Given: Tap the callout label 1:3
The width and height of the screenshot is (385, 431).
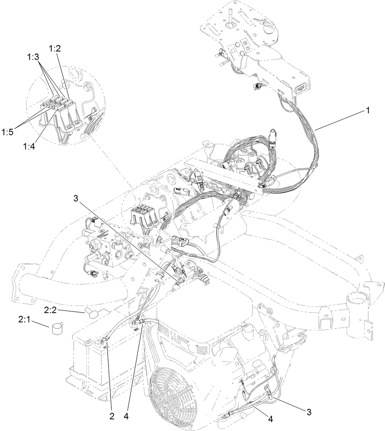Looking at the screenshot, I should (x=33, y=57).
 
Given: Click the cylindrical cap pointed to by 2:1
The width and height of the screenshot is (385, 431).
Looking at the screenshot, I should (x=57, y=329).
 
